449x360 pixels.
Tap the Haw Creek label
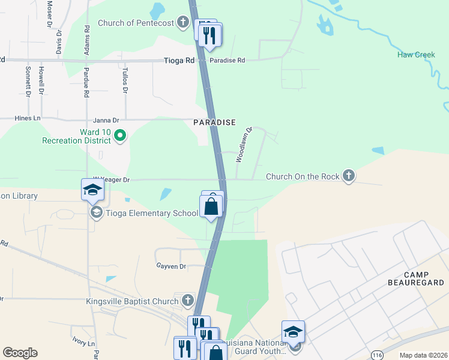415,55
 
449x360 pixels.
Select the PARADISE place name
215,122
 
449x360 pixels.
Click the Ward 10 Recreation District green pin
119,136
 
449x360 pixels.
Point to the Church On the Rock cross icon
348,176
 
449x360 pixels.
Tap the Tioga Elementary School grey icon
96,213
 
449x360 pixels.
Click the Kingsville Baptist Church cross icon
187,300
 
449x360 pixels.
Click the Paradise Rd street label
227,61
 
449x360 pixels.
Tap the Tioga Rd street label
180,61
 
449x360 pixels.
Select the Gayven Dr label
171,266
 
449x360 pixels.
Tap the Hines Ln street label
28,119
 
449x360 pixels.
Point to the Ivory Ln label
83,343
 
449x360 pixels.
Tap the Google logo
20,353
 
